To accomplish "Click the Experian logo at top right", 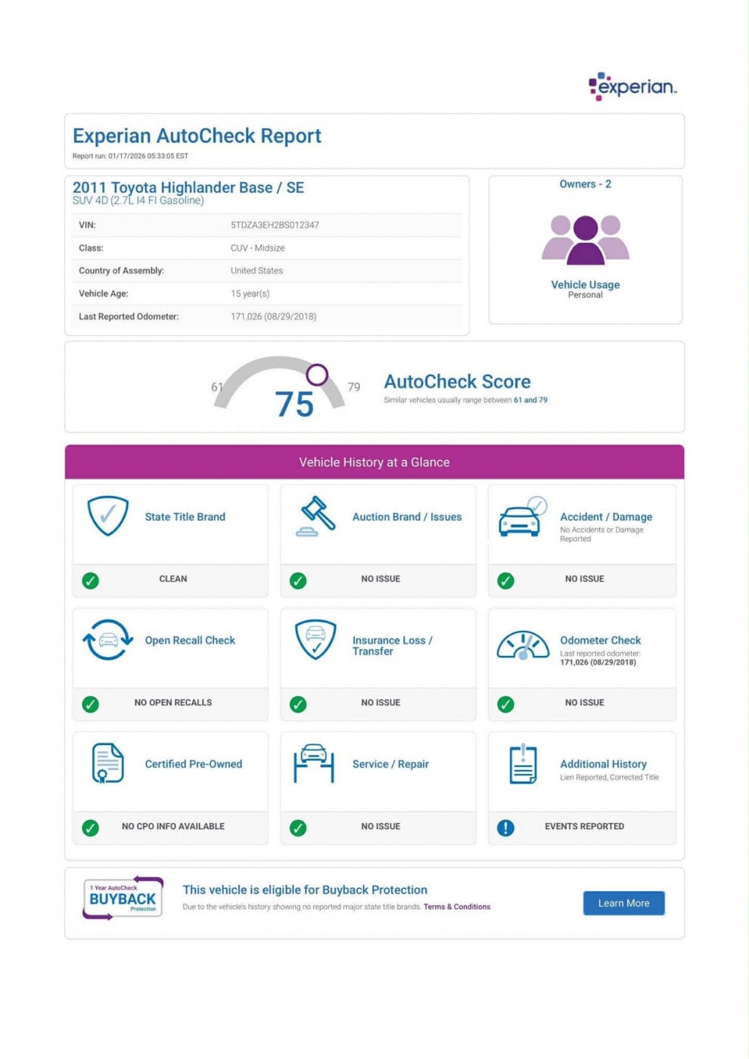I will tap(632, 86).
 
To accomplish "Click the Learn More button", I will tap(623, 903).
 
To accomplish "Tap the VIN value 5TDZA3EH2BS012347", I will tap(275, 225).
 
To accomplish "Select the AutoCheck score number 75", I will tap(294, 405).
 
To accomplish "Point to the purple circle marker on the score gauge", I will tap(317, 374).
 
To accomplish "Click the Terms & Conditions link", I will tap(456, 907).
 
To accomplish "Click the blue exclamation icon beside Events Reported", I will tap(505, 828).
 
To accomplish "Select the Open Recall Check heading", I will tap(190, 640).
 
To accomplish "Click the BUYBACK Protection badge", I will tap(123, 898).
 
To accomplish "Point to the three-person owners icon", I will tap(585, 239).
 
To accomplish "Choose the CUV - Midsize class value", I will tap(257, 248).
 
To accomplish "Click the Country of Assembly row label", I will tap(121, 271).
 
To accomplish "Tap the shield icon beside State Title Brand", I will tap(107, 515).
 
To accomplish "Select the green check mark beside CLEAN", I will tap(90, 581).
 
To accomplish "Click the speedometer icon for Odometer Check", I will tap(522, 645).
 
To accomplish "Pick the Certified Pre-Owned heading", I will tap(193, 764).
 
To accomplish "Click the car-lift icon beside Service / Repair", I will tap(313, 763).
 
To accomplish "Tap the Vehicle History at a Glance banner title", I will tap(374, 462).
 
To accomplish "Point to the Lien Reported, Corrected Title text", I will tap(609, 778).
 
